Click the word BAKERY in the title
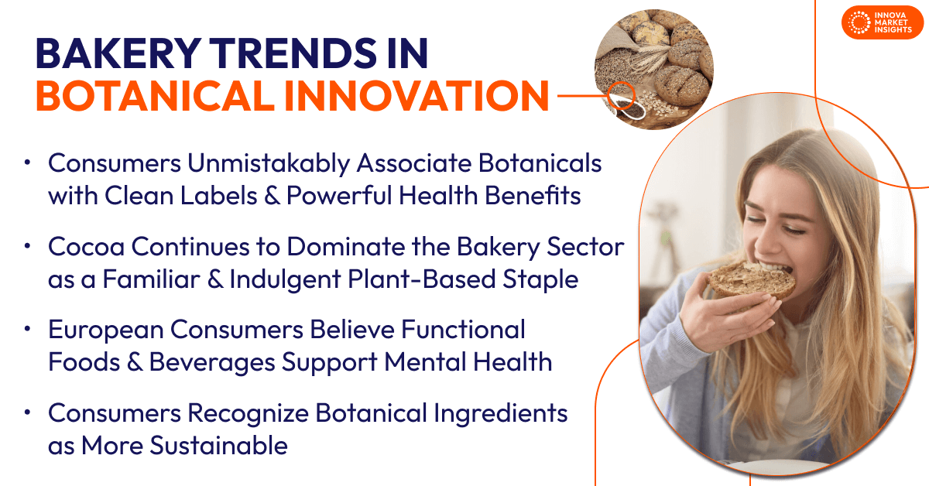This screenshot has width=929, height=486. point(118,53)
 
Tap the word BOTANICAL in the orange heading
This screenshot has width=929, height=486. point(155,96)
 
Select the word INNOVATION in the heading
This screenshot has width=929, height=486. point(417,96)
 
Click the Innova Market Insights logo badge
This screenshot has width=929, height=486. point(882,22)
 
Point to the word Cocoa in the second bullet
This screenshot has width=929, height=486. point(86,247)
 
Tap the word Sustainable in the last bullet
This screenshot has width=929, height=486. point(218,446)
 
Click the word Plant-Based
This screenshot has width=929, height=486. point(422,279)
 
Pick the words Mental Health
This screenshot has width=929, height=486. point(468,362)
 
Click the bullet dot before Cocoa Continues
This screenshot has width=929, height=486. point(27,246)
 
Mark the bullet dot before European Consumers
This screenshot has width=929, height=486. point(27,329)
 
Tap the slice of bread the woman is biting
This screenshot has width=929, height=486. point(752,280)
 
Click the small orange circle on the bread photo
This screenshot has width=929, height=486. point(621,95)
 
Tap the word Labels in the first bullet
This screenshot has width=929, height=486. point(218,195)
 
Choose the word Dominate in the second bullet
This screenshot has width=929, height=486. point(346,247)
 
